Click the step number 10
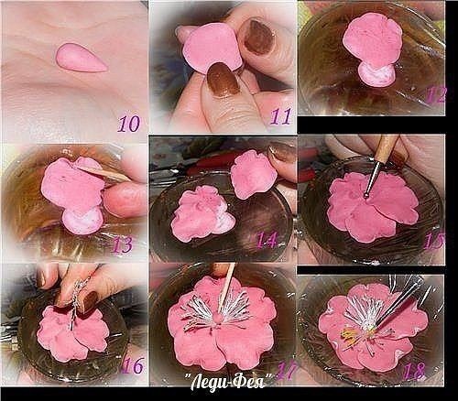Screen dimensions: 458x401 coord(129,124)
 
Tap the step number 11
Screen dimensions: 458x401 coord(280,116)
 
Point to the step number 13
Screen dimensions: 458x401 coord(123,245)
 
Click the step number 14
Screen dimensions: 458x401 coord(267,240)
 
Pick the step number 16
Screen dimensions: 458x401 coord(132,365)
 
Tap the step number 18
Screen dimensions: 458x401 coord(414,372)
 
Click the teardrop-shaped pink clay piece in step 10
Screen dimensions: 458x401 coord(82,58)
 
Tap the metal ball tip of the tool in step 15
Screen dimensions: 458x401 coord(367,193)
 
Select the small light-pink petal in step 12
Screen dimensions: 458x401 coord(376,73)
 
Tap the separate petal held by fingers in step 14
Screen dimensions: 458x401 coord(254,174)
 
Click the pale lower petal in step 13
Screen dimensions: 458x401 coord(82,221)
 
